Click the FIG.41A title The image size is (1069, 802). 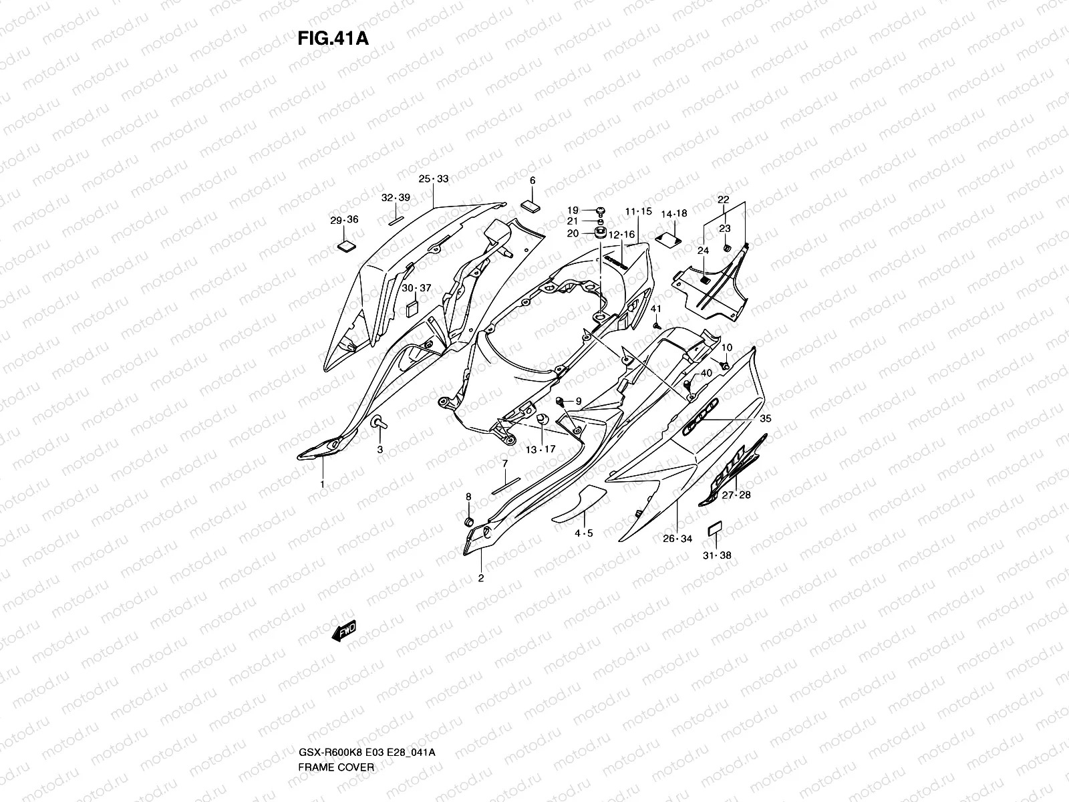click(x=333, y=38)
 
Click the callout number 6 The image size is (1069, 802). click(x=532, y=180)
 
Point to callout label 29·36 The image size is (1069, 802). click(x=344, y=221)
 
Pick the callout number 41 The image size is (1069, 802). click(x=655, y=309)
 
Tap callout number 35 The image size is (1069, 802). click(x=766, y=420)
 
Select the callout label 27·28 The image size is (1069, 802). click(x=736, y=495)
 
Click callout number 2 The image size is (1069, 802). click(x=480, y=578)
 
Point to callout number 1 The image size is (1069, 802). click(x=322, y=484)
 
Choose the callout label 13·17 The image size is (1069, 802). click(x=540, y=450)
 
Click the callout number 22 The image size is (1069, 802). click(x=723, y=200)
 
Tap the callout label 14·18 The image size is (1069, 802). click(x=673, y=214)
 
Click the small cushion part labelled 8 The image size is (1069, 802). click(x=468, y=521)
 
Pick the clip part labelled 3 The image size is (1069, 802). click(x=379, y=422)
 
